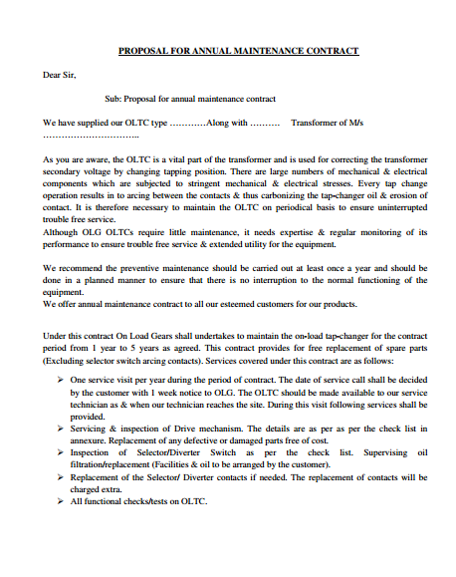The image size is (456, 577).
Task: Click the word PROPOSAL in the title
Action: click(x=142, y=50)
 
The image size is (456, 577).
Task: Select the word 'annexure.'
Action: click(x=90, y=440)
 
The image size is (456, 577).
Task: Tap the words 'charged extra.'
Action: click(x=99, y=488)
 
